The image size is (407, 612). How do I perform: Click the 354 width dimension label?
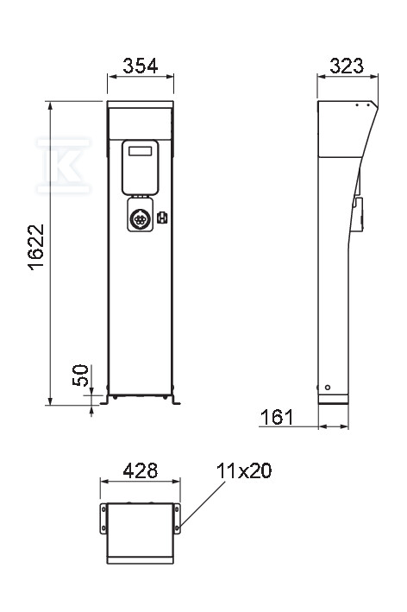pyautogui.click(x=141, y=66)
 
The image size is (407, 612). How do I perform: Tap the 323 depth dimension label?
pyautogui.click(x=347, y=66)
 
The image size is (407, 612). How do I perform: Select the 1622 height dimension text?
pyautogui.click(x=36, y=247)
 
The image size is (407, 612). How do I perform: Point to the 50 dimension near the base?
pyautogui.click(x=81, y=375)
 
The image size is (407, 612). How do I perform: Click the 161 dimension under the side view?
pyautogui.click(x=277, y=417)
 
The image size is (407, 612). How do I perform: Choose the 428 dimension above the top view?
pyautogui.click(x=141, y=470)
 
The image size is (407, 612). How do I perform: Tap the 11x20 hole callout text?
pyautogui.click(x=244, y=470)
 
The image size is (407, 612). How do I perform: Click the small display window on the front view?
pyautogui.click(x=140, y=151)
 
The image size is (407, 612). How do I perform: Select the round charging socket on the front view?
pyautogui.click(x=139, y=219)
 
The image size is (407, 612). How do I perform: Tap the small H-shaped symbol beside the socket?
pyautogui.click(x=162, y=218)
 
